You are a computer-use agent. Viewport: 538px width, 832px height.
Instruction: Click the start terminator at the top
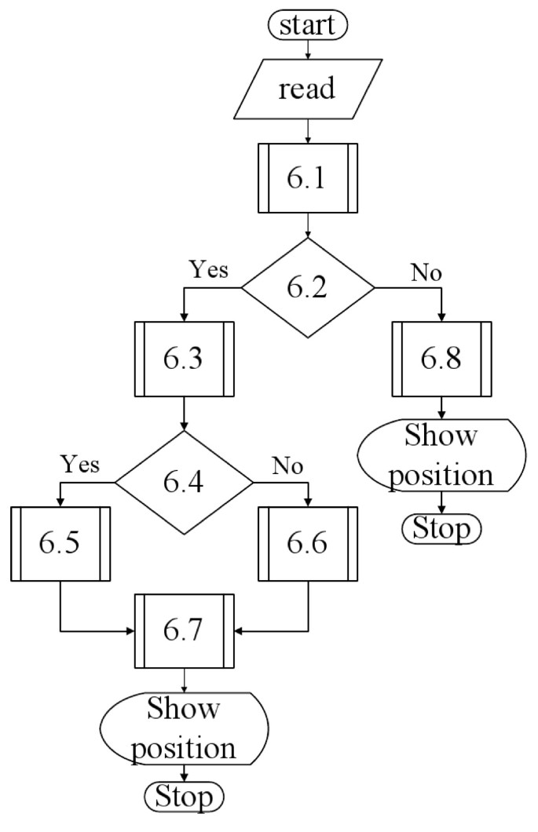(x=306, y=24)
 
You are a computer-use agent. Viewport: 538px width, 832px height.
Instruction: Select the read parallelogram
(x=306, y=88)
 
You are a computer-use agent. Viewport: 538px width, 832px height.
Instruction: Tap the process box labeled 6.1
(x=308, y=178)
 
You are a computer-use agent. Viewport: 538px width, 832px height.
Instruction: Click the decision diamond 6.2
(x=308, y=289)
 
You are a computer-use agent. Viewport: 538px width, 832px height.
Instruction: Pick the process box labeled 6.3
(x=184, y=359)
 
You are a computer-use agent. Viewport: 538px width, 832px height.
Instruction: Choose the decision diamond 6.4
(x=184, y=482)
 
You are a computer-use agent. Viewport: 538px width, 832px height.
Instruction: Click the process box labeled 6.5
(x=60, y=544)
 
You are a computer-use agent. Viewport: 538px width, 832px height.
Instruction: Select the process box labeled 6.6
(x=308, y=544)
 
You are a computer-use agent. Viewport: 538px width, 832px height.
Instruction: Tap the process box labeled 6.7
(x=184, y=630)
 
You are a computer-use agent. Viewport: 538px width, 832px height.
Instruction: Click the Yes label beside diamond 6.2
(x=208, y=270)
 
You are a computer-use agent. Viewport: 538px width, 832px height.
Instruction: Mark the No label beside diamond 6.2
(x=426, y=272)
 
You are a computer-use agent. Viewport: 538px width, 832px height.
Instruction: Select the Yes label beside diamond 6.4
(x=80, y=464)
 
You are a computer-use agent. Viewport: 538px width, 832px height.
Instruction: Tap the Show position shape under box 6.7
(x=184, y=728)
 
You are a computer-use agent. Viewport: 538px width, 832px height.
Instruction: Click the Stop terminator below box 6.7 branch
(x=184, y=798)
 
